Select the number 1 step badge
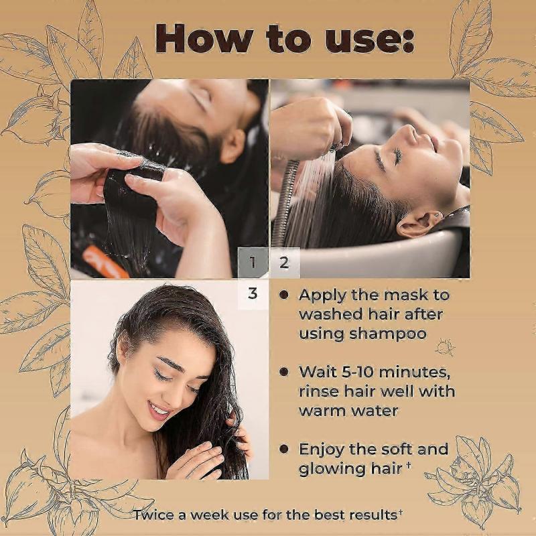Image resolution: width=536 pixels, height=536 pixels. coord(253,263)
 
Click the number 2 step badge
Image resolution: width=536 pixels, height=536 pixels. coord(284,262)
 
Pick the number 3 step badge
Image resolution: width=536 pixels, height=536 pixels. coord(253,294)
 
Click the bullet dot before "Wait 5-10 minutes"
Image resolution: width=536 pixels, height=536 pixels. coord(285,371)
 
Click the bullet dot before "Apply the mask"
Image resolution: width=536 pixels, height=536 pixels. coord(285,295)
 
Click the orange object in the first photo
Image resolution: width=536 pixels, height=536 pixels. coord(105,262)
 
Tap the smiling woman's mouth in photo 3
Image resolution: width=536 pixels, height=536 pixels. coord(159,407)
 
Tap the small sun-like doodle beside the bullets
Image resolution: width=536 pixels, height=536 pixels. coord(442,348)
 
